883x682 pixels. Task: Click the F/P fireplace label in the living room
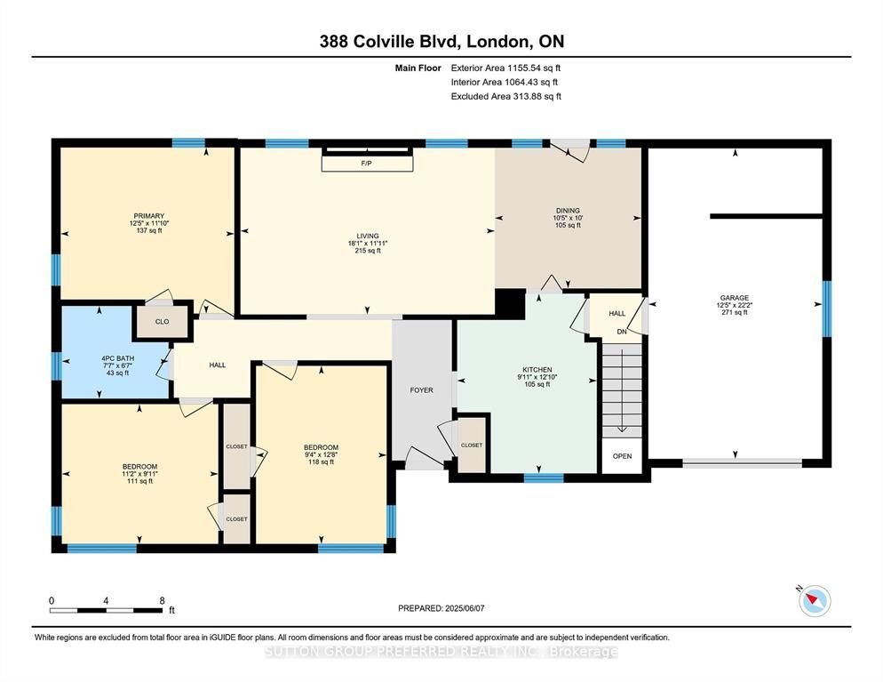click(x=367, y=164)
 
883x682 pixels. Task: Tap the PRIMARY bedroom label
click(x=149, y=216)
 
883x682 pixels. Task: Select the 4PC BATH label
click(x=117, y=358)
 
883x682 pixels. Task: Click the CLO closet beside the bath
click(x=163, y=322)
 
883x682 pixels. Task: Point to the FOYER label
click(x=422, y=390)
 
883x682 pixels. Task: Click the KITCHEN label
click(x=537, y=370)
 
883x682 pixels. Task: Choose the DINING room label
click(x=568, y=211)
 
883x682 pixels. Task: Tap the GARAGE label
click(x=735, y=298)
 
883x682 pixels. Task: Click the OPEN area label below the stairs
click(x=622, y=456)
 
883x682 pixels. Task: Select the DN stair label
click(x=622, y=332)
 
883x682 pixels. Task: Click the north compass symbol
click(x=814, y=600)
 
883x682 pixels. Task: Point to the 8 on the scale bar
click(x=163, y=601)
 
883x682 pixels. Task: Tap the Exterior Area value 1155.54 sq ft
click(x=534, y=68)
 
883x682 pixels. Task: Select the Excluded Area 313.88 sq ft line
click(x=506, y=96)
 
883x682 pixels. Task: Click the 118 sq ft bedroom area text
click(x=321, y=462)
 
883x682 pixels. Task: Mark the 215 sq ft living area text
click(x=368, y=251)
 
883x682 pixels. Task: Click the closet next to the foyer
click(x=472, y=445)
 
